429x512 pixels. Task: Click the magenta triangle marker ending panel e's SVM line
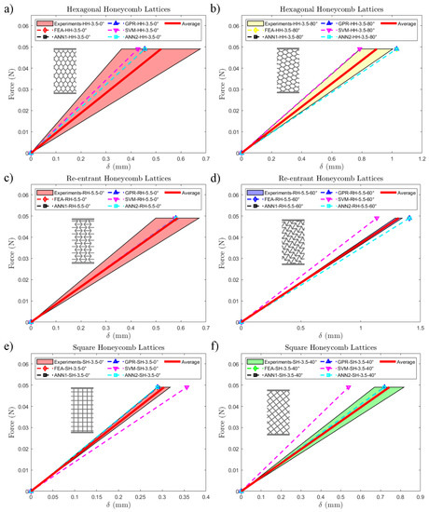click(187, 387)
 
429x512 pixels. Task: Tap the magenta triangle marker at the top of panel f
click(348, 387)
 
